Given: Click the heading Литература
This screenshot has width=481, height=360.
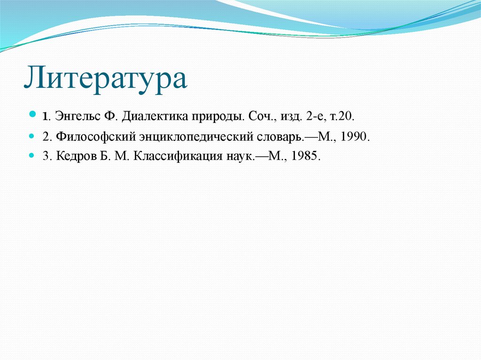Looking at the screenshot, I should (106, 78).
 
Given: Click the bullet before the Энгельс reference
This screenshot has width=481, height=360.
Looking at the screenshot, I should (32, 115).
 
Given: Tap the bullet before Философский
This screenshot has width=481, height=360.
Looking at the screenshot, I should (32, 136).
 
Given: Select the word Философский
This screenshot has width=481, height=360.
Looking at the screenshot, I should (95, 137).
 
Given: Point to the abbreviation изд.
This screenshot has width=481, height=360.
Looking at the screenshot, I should (287, 115).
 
